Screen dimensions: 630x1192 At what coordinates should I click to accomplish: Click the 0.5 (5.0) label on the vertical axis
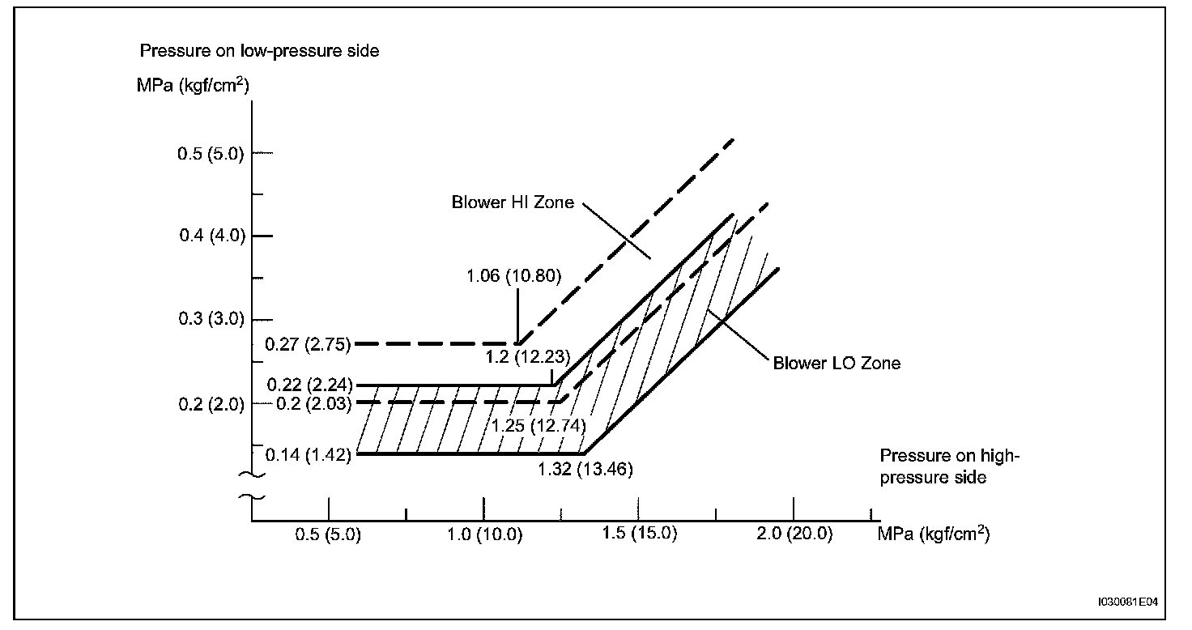point(211,154)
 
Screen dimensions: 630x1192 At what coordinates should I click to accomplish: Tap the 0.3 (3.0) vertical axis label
point(211,319)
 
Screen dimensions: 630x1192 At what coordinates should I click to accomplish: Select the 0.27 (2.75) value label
point(308,344)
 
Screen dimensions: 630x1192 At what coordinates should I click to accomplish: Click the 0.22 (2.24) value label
point(308,386)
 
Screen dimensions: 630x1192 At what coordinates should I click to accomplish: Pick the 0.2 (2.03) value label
point(313,404)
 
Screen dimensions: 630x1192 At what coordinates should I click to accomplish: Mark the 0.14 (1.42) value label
point(308,455)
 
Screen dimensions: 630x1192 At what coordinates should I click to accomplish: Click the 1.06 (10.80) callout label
point(513,275)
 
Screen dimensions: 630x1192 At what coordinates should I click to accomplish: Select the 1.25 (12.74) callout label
point(539,424)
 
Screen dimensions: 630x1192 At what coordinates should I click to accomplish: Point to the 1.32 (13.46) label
point(585,469)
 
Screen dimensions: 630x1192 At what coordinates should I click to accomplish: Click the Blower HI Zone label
point(513,202)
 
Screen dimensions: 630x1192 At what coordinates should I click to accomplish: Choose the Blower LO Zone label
point(837,363)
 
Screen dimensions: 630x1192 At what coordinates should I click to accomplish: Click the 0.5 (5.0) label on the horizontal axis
point(328,535)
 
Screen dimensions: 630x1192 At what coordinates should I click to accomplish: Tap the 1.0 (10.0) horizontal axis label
point(483,535)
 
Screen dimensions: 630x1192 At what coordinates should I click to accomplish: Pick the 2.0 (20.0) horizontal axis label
point(794,535)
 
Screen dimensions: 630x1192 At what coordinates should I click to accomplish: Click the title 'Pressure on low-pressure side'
point(260,51)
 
